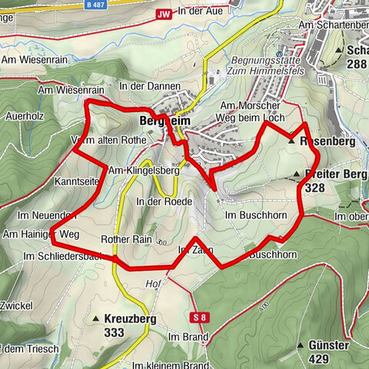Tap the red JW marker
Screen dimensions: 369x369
click(162, 14)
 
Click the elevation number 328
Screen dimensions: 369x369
click(315, 187)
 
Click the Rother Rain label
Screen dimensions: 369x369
click(127, 240)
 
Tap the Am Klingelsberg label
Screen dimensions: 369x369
click(144, 171)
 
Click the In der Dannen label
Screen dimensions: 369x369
click(143, 86)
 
